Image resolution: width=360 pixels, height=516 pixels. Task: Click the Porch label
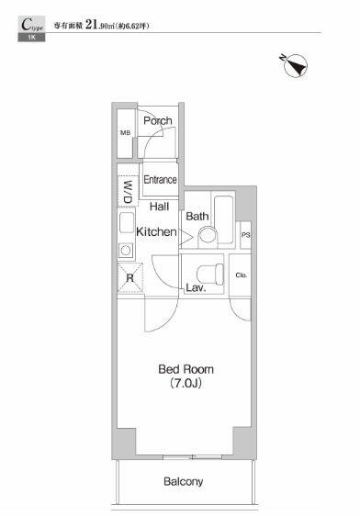158,121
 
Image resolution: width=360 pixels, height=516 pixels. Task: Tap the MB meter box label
126,133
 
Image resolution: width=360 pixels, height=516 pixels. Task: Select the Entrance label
161,180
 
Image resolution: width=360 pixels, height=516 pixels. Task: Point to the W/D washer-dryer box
128,192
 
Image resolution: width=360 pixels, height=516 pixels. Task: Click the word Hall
159,207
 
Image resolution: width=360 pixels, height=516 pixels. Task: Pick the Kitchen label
156,231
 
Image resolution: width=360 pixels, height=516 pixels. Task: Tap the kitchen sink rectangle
127,222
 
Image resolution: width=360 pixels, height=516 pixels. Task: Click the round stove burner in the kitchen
126,250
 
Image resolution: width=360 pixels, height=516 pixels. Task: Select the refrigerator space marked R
130,278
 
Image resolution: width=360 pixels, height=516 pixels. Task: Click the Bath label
197,216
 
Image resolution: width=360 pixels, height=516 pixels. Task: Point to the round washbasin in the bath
208,235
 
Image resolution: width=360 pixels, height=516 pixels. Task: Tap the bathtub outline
224,219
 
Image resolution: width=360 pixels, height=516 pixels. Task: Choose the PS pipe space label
246,235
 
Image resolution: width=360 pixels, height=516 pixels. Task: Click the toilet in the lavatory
210,275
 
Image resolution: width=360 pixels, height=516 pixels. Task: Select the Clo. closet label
242,275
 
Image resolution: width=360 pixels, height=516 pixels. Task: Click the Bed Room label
186,369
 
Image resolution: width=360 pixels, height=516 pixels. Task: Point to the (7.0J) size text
186,383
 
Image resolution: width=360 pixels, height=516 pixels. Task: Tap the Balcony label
184,482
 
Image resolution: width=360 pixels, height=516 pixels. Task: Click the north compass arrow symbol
295,65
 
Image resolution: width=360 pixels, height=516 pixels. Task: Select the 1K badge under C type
31,38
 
